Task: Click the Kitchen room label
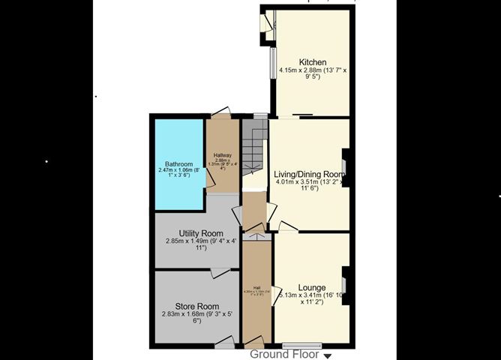point(313,61)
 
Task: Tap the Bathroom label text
point(179,164)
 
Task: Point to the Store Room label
point(196,306)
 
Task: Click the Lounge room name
point(311,286)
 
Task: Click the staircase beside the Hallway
point(254,147)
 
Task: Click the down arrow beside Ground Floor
point(327,355)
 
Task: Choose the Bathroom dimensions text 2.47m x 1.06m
point(178,174)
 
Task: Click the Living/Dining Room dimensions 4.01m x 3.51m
point(310,184)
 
